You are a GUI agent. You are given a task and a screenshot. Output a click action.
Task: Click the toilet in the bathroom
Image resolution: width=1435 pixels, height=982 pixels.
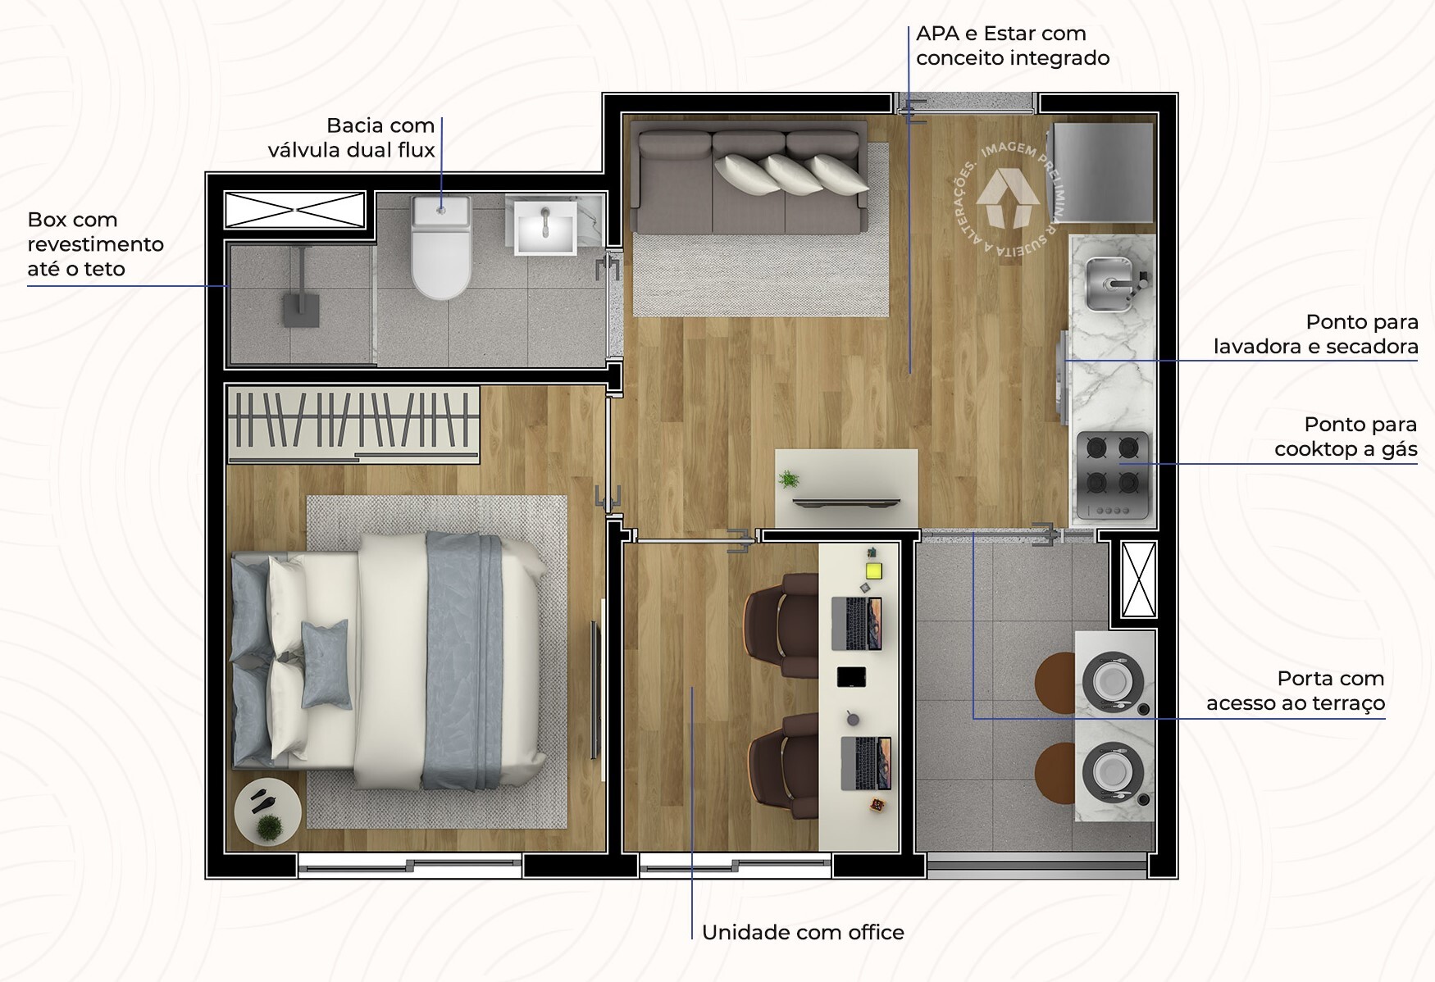click(x=440, y=247)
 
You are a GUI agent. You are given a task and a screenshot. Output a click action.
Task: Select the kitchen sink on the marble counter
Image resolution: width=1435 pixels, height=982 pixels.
click(x=1111, y=284)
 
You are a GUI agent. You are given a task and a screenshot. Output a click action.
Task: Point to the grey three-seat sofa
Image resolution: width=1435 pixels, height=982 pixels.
click(x=750, y=181)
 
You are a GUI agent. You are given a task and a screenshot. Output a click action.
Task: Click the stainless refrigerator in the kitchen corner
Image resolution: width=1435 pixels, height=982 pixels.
click(x=1103, y=172)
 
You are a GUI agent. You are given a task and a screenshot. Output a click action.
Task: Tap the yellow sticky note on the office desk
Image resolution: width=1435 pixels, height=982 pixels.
click(x=873, y=571)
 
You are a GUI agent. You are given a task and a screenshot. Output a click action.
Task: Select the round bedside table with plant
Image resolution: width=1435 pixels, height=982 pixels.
click(x=267, y=811)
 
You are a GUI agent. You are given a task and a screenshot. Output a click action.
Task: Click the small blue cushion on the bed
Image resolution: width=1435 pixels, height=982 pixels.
click(x=326, y=663)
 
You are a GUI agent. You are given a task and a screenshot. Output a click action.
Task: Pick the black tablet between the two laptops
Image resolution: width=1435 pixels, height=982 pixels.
click(x=851, y=677)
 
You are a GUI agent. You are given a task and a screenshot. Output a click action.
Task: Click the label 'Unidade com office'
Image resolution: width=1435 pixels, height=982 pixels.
click(x=803, y=932)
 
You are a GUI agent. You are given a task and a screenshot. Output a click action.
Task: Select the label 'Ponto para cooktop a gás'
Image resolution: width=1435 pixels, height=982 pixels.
click(x=1346, y=437)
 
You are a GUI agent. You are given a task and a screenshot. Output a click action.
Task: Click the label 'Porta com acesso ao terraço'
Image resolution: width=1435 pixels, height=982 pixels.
click(x=1296, y=691)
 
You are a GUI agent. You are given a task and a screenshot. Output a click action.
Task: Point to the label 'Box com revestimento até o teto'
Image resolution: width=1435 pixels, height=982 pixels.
click(x=95, y=244)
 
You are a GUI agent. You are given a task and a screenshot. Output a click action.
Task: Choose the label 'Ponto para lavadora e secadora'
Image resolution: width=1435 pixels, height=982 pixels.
click(x=1316, y=334)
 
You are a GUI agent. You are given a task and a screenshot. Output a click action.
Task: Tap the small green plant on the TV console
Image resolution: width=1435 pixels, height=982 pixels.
click(x=789, y=480)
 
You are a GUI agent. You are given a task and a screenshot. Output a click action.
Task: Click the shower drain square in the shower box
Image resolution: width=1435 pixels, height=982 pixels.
click(x=300, y=311)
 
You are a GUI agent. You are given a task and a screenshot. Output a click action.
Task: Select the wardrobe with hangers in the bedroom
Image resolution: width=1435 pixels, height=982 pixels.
click(x=353, y=423)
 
